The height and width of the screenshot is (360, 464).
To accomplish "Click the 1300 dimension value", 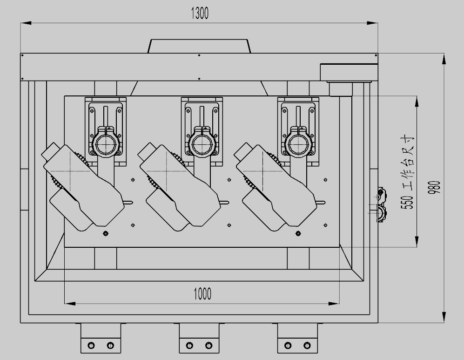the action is (x=200, y=14).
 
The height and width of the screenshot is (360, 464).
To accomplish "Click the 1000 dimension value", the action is (x=202, y=294).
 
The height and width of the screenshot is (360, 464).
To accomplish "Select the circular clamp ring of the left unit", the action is (x=106, y=144).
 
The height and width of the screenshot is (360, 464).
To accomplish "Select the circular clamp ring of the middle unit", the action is (x=202, y=144).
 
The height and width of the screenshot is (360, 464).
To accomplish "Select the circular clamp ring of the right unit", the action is (x=299, y=144).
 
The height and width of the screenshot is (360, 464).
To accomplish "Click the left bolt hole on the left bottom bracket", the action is (x=91, y=345).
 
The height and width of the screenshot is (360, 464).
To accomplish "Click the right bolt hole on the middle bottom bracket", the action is (x=208, y=345).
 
